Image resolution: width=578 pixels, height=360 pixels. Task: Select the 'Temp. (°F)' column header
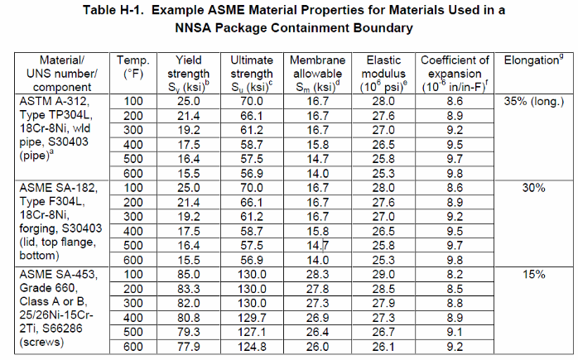click(132, 67)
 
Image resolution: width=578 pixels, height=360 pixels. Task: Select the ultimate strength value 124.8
click(251, 347)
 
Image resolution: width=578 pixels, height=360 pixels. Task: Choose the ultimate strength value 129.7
click(251, 318)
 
